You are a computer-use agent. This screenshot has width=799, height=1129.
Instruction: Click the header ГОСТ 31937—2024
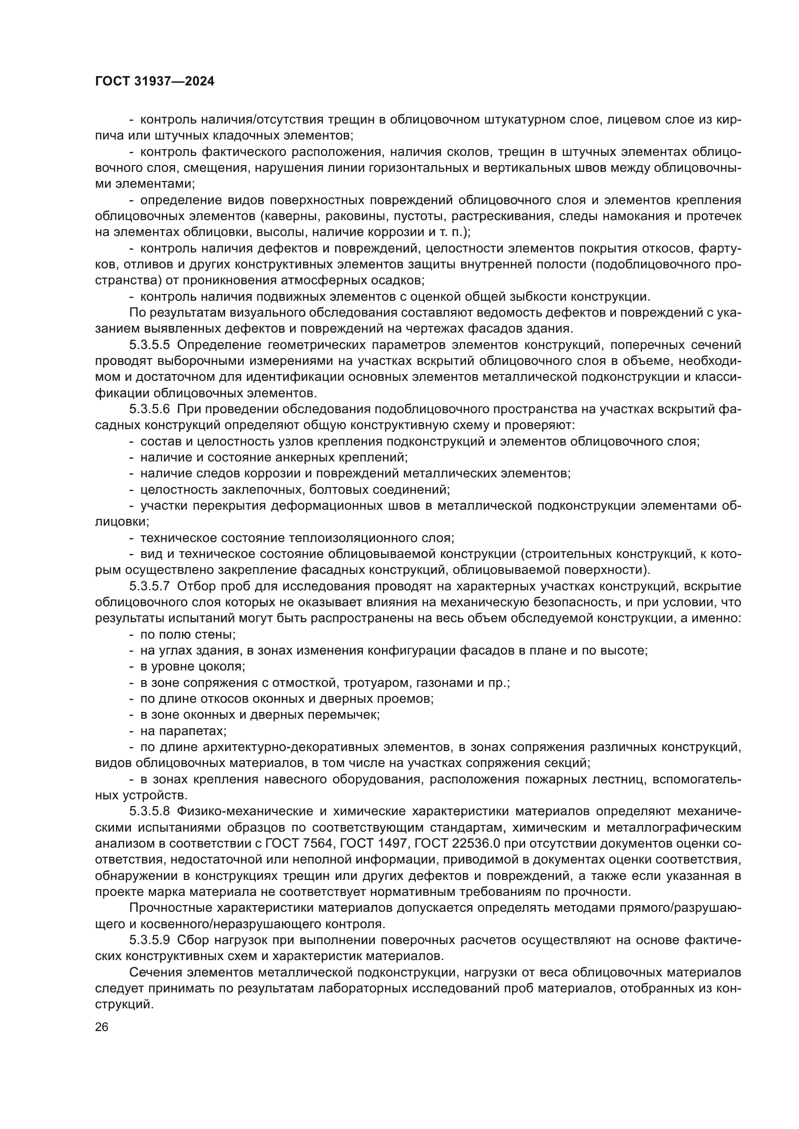[155, 82]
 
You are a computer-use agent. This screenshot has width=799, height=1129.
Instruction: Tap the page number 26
[101, 1027]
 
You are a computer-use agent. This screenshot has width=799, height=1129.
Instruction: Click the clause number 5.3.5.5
[150, 345]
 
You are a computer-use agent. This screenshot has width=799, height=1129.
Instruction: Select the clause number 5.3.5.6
[150, 409]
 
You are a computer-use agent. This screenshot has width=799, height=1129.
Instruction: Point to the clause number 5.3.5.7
[150, 586]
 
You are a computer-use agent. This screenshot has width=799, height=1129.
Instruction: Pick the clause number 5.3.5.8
[150, 811]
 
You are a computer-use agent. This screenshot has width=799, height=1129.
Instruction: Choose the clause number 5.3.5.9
[150, 940]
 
